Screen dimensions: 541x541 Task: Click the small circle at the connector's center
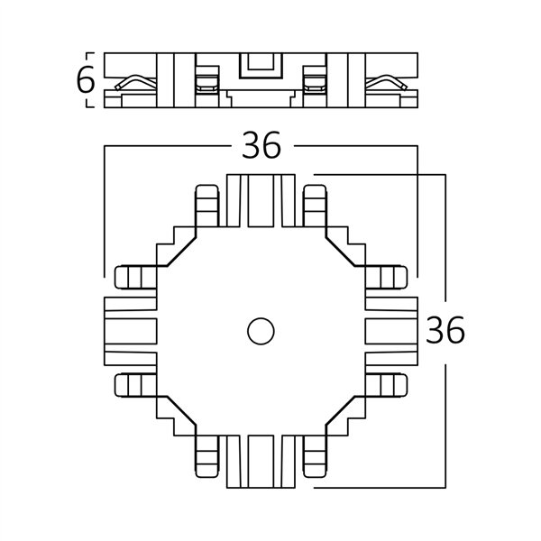[x=261, y=331]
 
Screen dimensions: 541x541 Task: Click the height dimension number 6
[x=85, y=81]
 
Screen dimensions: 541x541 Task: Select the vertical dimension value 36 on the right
[x=445, y=331]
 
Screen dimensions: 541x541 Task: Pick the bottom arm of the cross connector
[x=261, y=460]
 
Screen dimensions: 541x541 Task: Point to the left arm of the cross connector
[x=130, y=330]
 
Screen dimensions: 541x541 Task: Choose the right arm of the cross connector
[x=391, y=330]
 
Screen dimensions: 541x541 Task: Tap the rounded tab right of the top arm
[x=316, y=207]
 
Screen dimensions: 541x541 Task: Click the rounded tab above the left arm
[x=133, y=278]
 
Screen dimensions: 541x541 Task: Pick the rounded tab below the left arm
[x=133, y=384]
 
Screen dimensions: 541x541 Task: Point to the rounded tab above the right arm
[x=390, y=278]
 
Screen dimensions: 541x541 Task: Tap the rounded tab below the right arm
[x=390, y=384]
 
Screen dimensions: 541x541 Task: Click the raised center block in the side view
[x=261, y=68]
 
